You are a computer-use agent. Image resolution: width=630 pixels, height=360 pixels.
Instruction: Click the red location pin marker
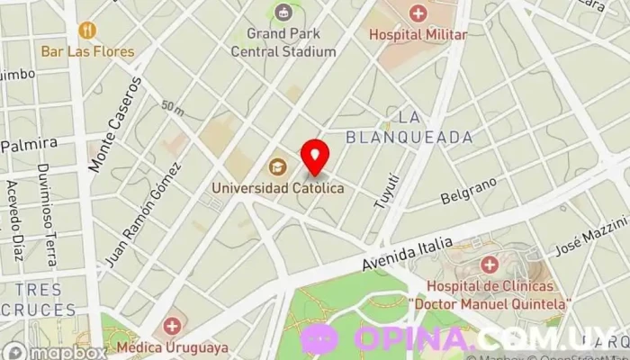314,157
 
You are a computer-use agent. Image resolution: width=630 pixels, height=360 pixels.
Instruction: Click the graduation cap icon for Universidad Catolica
278,167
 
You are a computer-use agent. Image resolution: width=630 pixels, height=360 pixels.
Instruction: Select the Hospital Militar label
418,34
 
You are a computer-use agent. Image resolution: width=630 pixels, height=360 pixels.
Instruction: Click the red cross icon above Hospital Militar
418,13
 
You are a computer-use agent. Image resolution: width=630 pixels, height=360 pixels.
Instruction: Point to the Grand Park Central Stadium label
283,43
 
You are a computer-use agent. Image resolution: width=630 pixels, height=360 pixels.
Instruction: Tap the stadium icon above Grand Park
283,13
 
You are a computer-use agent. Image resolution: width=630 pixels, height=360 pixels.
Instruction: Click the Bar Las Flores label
87,50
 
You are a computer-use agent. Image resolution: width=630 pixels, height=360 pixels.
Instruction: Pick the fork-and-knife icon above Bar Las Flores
87,31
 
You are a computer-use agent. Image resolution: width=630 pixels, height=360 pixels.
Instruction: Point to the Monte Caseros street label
114,124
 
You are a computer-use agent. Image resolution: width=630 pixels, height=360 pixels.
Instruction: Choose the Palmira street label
30,144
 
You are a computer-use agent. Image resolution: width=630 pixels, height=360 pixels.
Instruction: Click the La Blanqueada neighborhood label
409,127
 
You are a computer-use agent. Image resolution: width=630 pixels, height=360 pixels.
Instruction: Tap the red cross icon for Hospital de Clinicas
490,265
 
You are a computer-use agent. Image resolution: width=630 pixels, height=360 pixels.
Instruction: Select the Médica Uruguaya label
171,346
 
